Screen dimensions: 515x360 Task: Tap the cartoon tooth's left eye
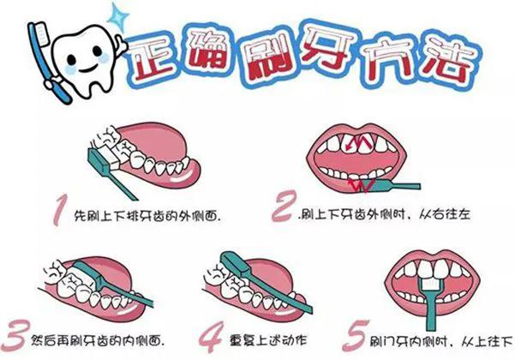pos(72,59)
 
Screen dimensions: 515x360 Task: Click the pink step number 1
pos(60,209)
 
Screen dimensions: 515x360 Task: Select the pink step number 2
pos(283,207)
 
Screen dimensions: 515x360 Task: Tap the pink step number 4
pos(211,336)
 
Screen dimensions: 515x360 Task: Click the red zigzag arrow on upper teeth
pos(360,142)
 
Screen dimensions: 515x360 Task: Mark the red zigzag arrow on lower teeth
pos(362,184)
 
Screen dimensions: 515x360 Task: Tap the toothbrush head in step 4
pos(235,263)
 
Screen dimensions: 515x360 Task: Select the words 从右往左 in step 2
pos(445,214)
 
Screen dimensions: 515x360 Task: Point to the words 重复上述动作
pos(268,340)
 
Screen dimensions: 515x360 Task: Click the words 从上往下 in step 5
pos(486,342)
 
